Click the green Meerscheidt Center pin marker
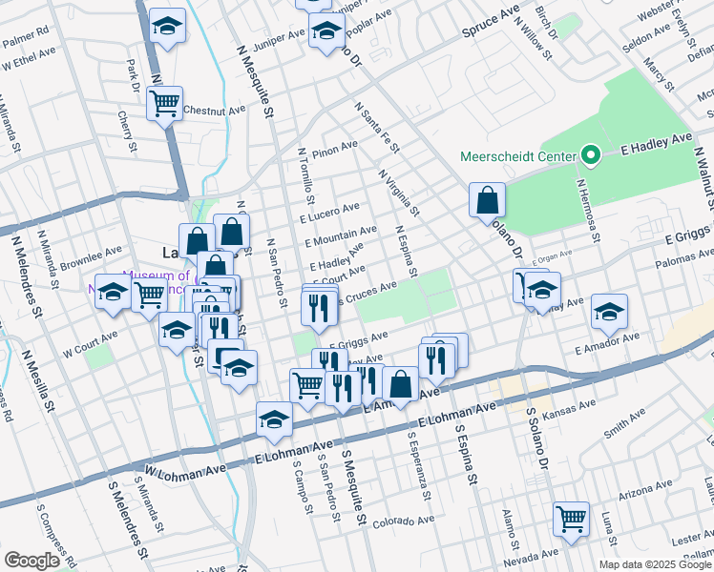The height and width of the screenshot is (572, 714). [591, 155]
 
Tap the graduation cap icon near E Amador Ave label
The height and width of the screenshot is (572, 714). [609, 311]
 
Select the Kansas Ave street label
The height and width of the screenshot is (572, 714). [560, 417]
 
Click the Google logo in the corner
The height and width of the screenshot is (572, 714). [31, 561]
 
